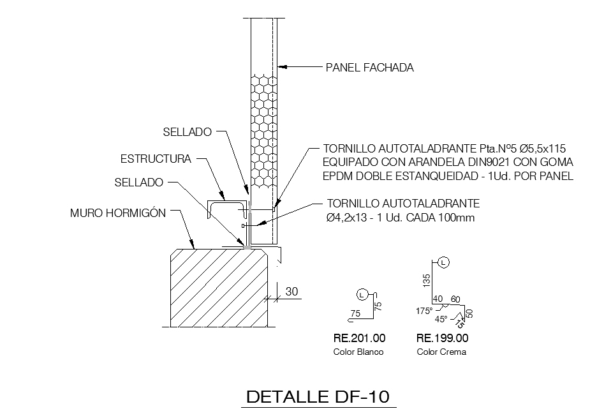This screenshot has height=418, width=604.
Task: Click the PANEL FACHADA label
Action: coord(369,67)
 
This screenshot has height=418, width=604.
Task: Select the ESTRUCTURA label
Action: coord(156,158)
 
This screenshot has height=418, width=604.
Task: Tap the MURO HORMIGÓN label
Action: coord(118,213)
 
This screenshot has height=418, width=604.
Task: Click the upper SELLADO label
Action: coord(187,132)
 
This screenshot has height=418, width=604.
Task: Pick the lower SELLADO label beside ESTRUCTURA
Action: coord(139,182)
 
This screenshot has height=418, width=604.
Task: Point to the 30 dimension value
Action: coord(292,291)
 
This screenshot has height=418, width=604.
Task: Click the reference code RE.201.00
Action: coord(359,338)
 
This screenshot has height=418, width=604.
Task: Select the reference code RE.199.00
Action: coord(442,338)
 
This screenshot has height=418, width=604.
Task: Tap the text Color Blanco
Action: coord(358,352)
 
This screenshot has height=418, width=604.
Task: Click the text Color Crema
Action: coord(441,352)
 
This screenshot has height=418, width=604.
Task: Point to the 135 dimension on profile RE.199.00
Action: coord(427,280)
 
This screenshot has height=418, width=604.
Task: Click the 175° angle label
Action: coord(424,311)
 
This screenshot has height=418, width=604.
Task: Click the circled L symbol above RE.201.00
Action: coord(362,294)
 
